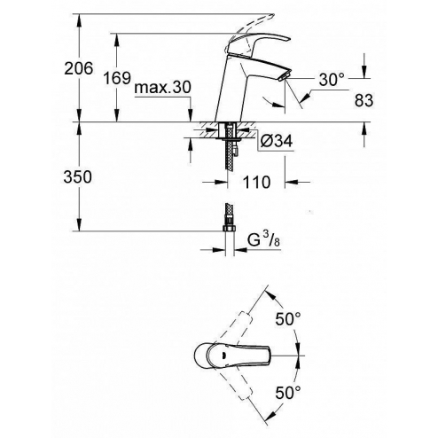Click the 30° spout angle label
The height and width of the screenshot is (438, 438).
[x=331, y=79]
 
